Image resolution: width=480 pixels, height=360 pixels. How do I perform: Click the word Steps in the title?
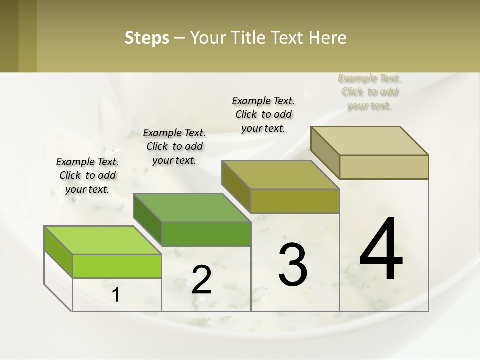(146, 38)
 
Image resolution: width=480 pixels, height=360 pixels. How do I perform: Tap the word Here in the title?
(328, 38)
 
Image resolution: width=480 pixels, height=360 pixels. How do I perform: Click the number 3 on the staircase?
(293, 264)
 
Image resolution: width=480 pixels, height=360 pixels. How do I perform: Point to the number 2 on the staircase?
(201, 279)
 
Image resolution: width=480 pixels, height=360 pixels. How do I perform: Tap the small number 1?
(116, 295)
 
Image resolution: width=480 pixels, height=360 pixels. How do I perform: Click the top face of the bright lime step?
(102, 240)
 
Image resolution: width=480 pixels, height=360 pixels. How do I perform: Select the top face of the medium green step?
(192, 207)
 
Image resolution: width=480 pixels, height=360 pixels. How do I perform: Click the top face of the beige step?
(370, 141)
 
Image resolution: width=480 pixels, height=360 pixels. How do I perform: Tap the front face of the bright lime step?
(117, 266)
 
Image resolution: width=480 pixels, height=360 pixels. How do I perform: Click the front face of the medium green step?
(206, 234)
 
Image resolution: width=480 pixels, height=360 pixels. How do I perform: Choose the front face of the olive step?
(295, 201)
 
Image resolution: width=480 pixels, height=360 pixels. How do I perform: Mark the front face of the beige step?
(384, 167)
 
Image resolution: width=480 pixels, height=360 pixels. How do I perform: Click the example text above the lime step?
(87, 175)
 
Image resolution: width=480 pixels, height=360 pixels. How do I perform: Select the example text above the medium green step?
(174, 146)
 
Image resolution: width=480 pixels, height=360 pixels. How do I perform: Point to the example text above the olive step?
(263, 114)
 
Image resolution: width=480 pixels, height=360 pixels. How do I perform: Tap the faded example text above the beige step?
(369, 92)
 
